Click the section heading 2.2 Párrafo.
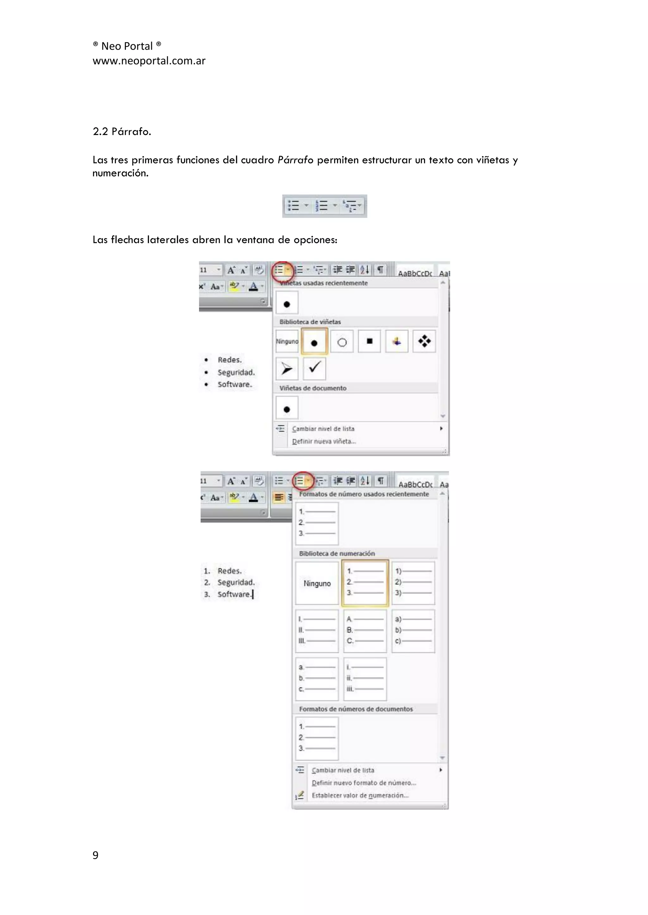click(x=122, y=131)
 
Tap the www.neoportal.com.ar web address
click(x=149, y=61)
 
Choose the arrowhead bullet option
click(x=286, y=369)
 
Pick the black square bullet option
click(x=370, y=341)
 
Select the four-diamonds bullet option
click(x=424, y=341)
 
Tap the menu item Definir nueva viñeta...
click(x=324, y=442)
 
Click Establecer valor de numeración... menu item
click(x=360, y=796)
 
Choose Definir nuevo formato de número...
click(x=364, y=783)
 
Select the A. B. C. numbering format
click(x=365, y=631)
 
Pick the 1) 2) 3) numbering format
click(x=413, y=582)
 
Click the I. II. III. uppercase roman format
click(x=317, y=631)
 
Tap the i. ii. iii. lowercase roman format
click(x=365, y=679)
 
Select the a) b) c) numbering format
click(x=413, y=631)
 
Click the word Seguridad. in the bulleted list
click(x=236, y=373)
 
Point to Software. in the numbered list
click(x=234, y=594)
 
